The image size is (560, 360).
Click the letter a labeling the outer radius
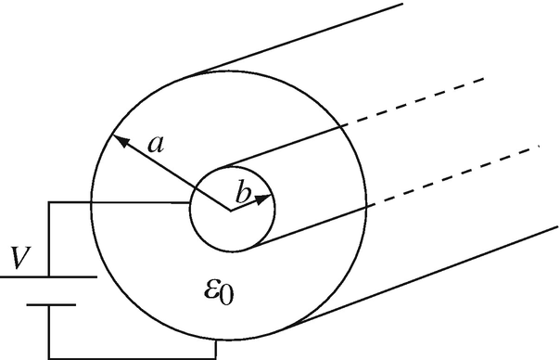click(157, 143)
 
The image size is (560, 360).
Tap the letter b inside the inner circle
click(243, 195)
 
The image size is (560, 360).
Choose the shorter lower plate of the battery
click(49, 303)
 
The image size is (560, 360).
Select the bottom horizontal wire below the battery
click(130, 357)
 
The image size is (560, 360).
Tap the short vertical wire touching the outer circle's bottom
click(216, 349)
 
